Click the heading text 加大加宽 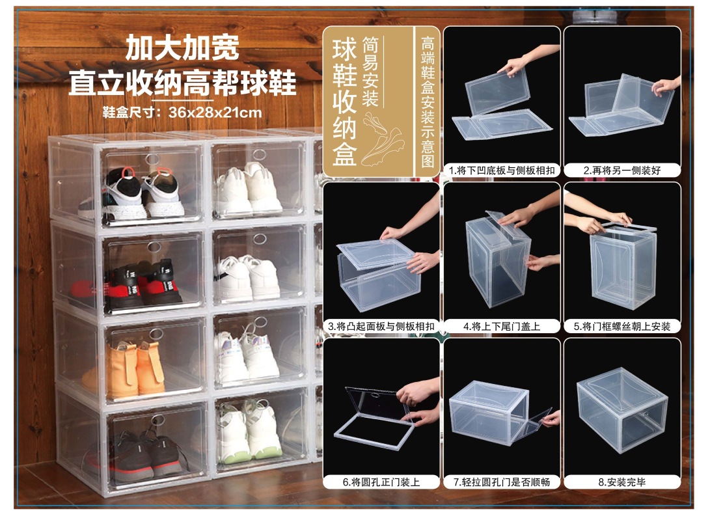183,48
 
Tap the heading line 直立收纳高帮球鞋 183,83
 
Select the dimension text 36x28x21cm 215,112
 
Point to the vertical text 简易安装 371,72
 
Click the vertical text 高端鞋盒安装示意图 428,102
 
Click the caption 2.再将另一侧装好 621,171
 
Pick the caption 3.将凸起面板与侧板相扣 381,326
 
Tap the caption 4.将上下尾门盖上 502,326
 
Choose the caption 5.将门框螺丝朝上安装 621,326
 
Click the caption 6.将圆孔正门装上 381,482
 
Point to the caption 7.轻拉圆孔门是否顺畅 502,482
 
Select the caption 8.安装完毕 621,482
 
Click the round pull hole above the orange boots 154,334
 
